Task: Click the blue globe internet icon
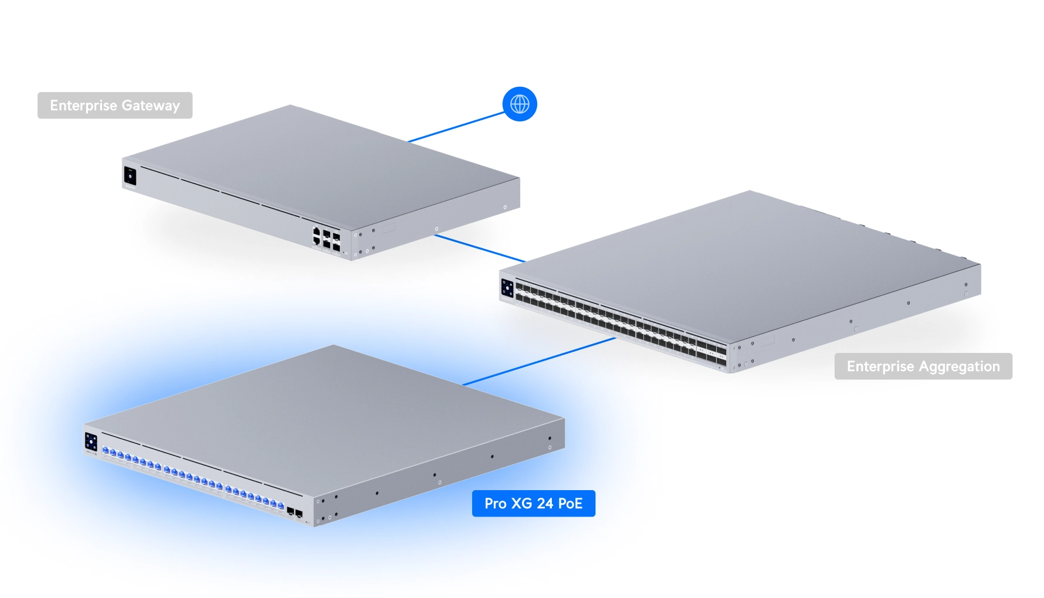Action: (520, 104)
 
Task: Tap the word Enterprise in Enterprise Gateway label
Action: (83, 106)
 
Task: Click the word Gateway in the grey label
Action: (151, 106)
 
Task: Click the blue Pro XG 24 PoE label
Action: (533, 504)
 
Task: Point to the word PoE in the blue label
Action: (570, 504)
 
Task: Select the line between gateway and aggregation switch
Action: (480, 248)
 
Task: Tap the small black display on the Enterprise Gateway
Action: (130, 176)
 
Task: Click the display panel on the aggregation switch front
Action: (507, 288)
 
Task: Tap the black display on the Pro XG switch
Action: (91, 441)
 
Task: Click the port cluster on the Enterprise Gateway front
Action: (326, 239)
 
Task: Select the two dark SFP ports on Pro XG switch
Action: (294, 513)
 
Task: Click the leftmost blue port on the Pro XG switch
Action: (106, 451)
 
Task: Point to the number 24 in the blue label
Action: (545, 504)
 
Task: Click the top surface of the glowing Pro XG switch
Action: (328, 410)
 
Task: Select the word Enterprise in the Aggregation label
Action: (880, 366)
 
